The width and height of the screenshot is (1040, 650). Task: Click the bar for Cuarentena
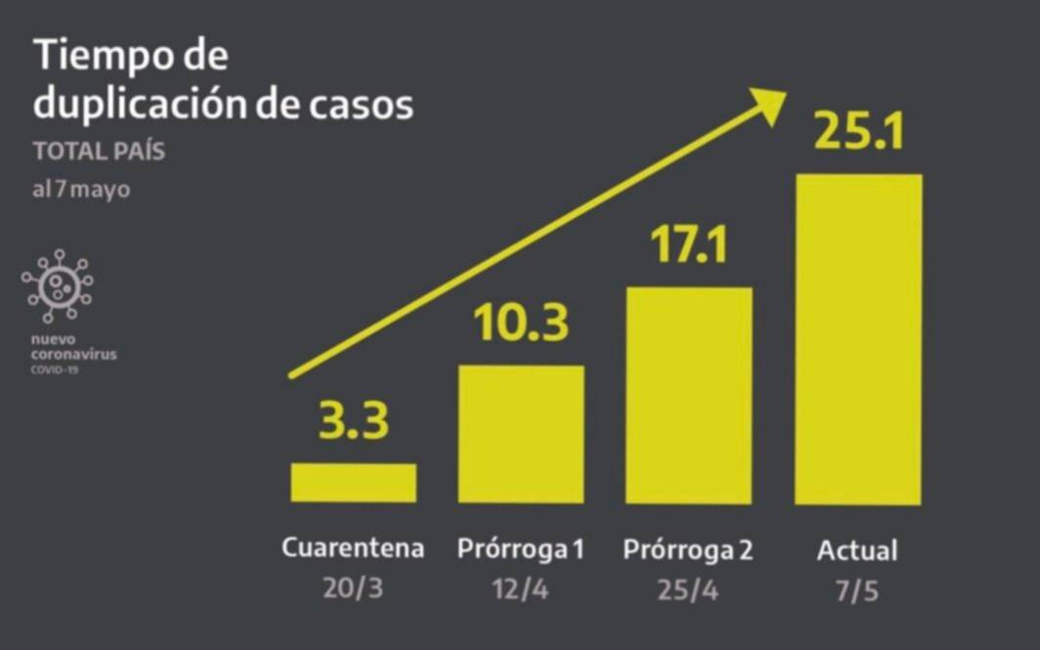353,482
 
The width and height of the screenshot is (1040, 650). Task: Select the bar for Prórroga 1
521,433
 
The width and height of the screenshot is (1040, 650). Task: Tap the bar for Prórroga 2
689,395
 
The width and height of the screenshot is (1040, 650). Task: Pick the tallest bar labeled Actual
858,339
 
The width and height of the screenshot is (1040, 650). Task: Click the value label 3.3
353,422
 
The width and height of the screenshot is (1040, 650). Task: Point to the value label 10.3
521,324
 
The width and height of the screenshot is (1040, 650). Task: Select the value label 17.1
689,245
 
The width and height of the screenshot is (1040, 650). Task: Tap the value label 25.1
858,131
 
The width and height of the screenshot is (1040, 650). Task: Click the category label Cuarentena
353,548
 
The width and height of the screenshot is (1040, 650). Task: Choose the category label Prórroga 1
521,549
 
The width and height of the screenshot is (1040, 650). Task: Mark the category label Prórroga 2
689,549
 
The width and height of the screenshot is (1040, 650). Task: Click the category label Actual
857,549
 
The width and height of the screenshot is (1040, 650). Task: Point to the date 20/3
353,590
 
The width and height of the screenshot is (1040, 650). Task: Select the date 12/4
521,590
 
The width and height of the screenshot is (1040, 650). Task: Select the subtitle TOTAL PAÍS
99,152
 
